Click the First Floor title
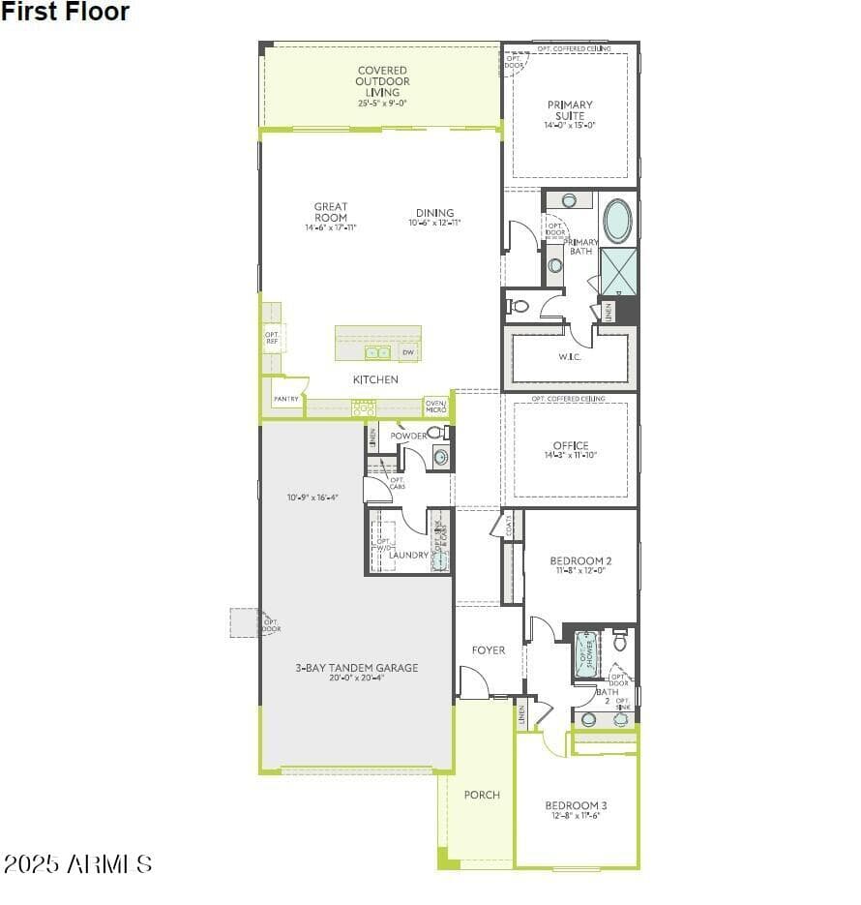point(65,13)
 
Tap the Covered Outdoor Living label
point(382,82)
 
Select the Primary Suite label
point(570,110)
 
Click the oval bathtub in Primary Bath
point(617,221)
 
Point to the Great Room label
point(330,212)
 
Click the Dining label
point(434,213)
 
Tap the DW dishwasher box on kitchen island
point(408,352)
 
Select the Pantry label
point(285,399)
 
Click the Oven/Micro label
point(436,407)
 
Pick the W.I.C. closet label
point(570,356)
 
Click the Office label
point(570,446)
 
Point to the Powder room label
point(408,436)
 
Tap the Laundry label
point(408,555)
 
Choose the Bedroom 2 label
point(580,561)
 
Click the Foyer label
point(489,650)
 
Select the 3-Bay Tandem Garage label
point(357,668)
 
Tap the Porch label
point(482,795)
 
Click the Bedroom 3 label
point(576,805)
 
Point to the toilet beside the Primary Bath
point(520,306)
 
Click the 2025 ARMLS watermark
point(77,863)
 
